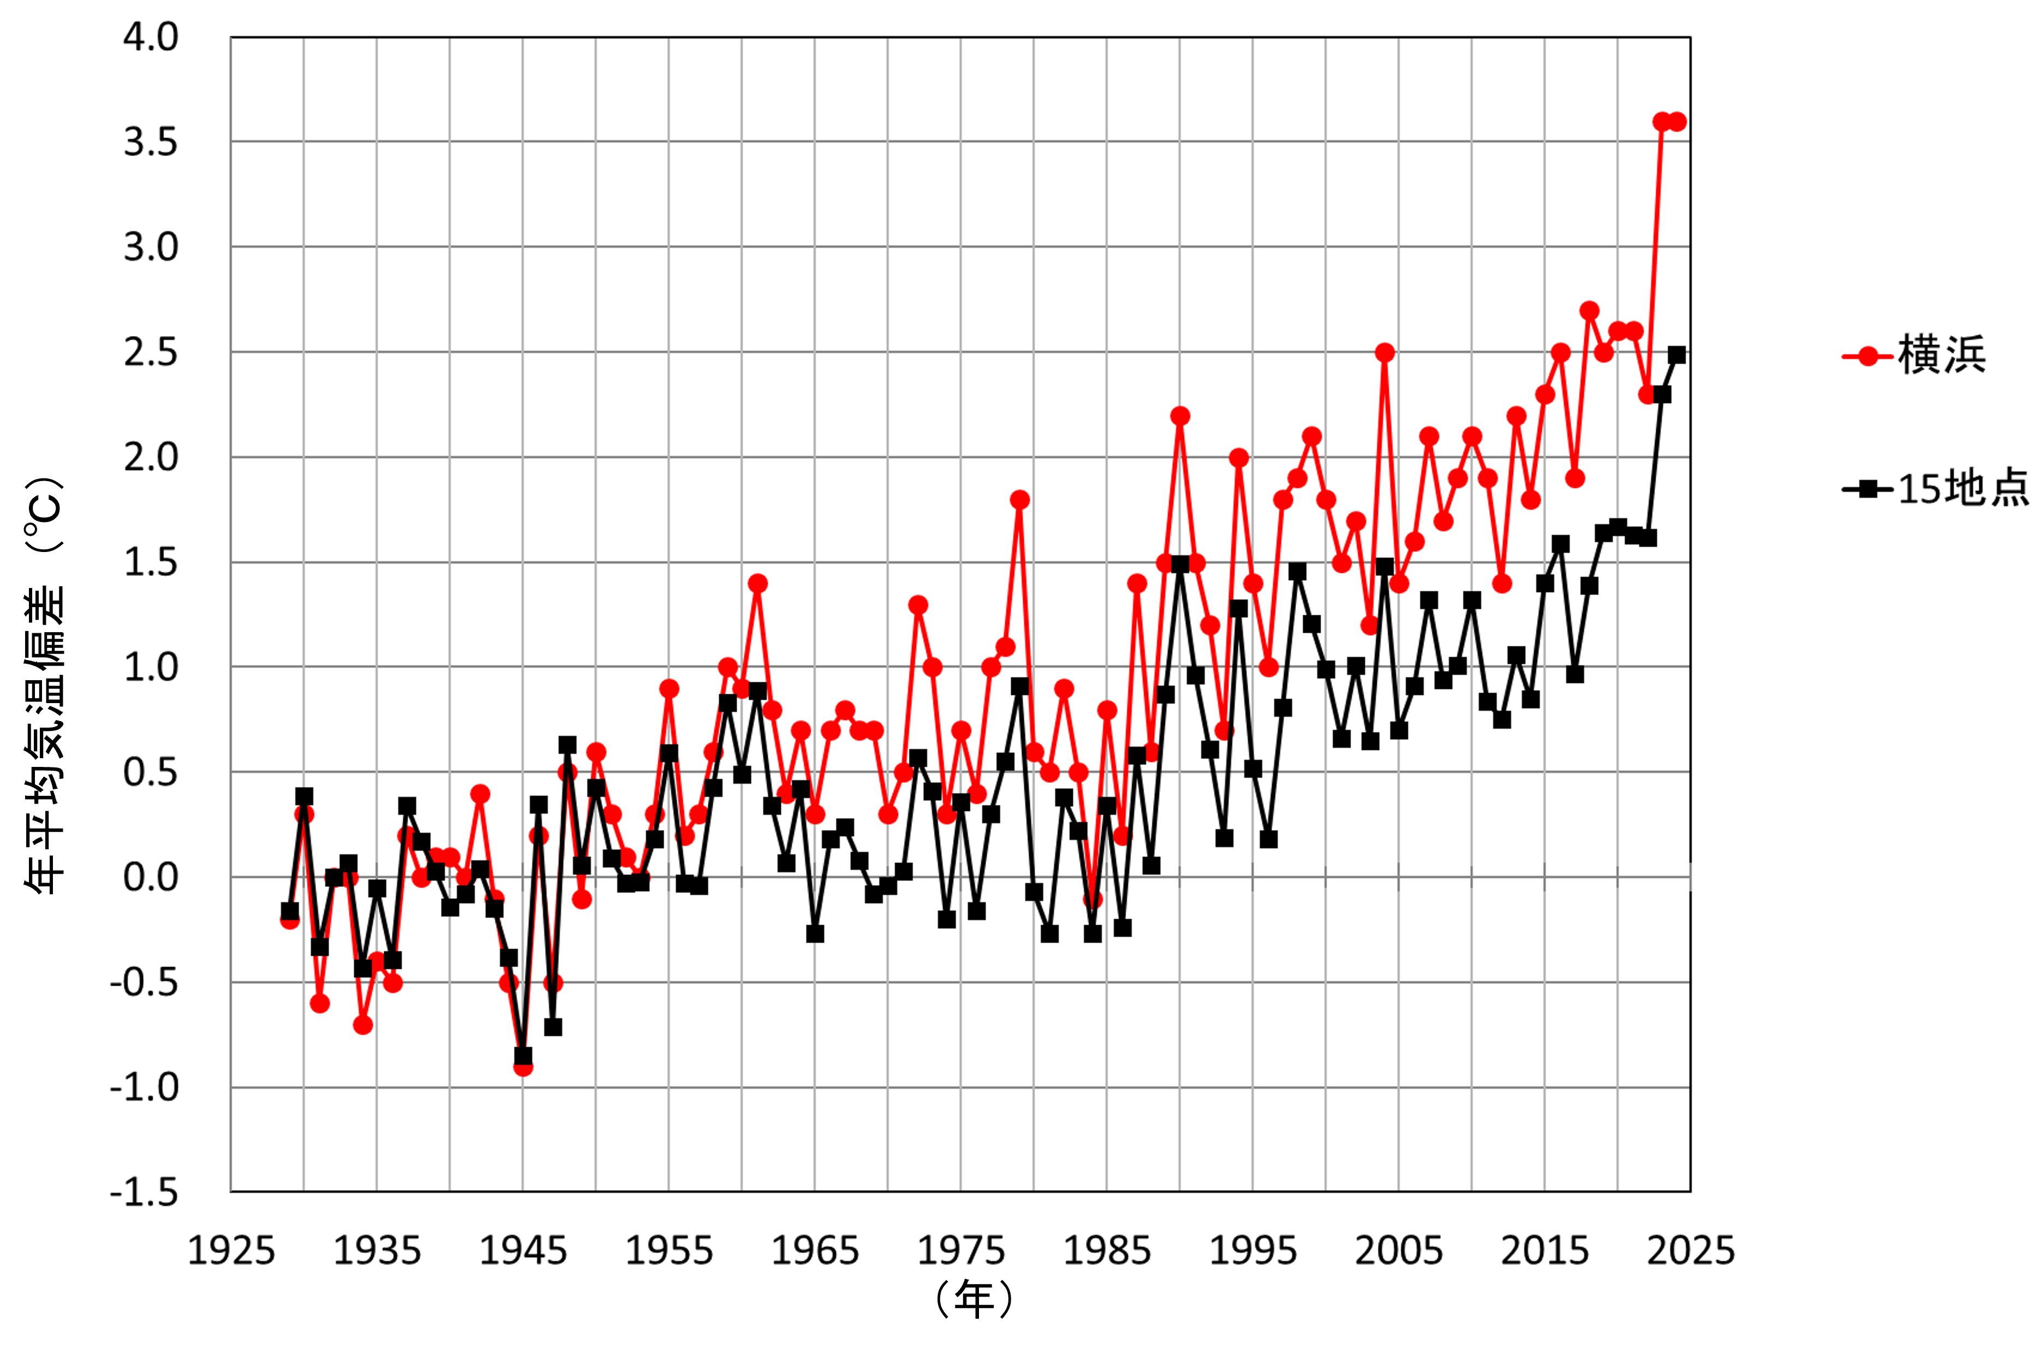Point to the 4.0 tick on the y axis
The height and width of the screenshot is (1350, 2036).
(151, 37)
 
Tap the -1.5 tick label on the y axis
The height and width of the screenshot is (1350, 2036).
(144, 1192)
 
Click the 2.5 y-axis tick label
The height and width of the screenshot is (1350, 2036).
(151, 353)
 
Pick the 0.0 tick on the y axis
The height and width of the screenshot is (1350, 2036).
(151, 877)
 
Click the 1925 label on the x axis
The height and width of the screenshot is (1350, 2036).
(231, 1250)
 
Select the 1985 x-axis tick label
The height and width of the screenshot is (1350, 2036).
(1107, 1250)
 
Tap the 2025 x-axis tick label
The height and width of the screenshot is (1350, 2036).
(1691, 1250)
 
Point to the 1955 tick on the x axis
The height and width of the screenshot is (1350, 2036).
(669, 1250)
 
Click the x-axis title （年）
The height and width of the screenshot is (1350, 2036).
(974, 1298)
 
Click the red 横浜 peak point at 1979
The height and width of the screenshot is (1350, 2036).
(1020, 499)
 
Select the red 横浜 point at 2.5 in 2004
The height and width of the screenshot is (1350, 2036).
(1384, 352)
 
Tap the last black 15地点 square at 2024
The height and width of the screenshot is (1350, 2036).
(1676, 355)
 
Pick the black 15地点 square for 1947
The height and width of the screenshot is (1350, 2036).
(552, 1027)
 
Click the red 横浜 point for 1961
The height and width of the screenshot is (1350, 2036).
(757, 584)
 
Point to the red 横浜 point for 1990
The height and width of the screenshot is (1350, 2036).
(1180, 416)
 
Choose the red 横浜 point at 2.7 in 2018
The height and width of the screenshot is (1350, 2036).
(1589, 310)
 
